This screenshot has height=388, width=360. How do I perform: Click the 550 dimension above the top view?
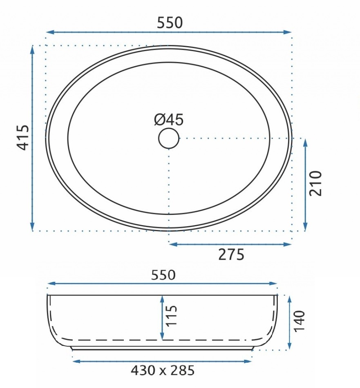coord(170,23)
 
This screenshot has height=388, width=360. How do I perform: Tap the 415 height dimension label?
coord(23,138)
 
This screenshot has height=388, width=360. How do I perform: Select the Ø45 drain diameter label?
coord(169,120)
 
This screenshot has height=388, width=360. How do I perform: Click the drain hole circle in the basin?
coord(169,138)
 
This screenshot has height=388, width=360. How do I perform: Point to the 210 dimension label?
coord(315,183)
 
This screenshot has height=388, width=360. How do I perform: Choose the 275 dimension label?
coord(231,254)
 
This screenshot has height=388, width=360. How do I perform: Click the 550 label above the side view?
coord(163,275)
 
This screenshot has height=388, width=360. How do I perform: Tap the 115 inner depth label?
coord(171,316)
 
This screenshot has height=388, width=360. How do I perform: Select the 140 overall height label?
coord(299,321)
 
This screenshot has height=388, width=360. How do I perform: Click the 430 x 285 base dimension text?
coord(163,370)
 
